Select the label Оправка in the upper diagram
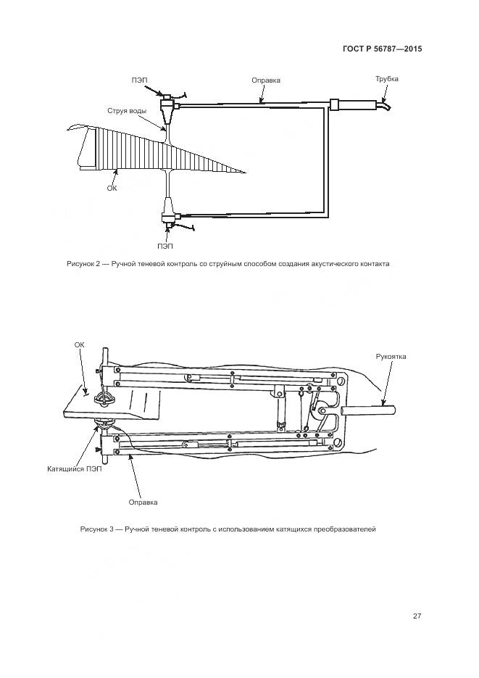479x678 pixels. pyautogui.click(x=265, y=80)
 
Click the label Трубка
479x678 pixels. pyautogui.click(x=386, y=79)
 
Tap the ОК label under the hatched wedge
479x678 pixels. pyautogui.click(x=112, y=188)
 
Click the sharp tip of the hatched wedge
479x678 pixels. pyautogui.click(x=245, y=173)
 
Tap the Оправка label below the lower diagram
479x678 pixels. pyautogui.click(x=143, y=502)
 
